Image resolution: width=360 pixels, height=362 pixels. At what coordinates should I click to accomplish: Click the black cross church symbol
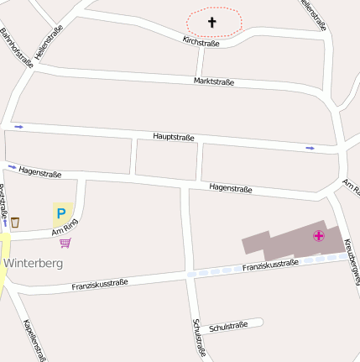(212, 22)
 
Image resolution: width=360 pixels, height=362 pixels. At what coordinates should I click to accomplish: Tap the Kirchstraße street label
(201, 41)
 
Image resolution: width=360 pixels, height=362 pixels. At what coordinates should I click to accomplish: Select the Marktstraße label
(213, 81)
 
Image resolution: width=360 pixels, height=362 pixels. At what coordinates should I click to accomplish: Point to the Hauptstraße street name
(174, 136)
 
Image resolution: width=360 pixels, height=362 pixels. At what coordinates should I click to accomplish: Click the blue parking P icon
(61, 213)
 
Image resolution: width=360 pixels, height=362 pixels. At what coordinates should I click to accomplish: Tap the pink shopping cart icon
(65, 243)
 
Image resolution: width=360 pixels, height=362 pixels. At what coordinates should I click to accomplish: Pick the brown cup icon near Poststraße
(15, 222)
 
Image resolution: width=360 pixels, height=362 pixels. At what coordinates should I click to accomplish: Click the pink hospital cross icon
(319, 235)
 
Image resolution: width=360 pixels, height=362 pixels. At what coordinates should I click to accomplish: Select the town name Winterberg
(34, 262)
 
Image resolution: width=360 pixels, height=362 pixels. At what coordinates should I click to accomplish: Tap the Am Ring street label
(65, 228)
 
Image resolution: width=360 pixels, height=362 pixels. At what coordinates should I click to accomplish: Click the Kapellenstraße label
(34, 340)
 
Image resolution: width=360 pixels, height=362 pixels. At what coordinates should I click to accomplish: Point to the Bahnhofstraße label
(16, 47)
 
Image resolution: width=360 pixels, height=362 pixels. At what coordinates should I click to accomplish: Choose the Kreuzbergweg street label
(352, 264)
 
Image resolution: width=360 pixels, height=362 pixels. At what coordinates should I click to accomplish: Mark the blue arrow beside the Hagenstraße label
(12, 167)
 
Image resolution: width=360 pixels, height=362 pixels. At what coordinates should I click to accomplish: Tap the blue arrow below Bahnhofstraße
(18, 127)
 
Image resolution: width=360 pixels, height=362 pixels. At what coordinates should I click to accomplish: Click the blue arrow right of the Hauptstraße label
(310, 149)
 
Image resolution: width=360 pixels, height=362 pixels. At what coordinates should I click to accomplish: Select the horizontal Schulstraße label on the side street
(228, 326)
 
